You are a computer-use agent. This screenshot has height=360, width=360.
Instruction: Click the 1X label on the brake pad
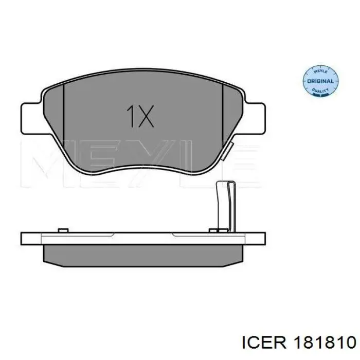tap(140, 116)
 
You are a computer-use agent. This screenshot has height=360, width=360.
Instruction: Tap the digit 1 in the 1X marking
tap(131, 116)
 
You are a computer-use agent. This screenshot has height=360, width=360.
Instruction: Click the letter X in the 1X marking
tap(146, 116)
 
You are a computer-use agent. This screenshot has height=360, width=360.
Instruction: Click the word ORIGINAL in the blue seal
tap(320, 81)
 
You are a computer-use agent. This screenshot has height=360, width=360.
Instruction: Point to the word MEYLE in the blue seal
tap(320, 71)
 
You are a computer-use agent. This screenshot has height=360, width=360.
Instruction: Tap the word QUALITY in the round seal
tap(320, 91)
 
